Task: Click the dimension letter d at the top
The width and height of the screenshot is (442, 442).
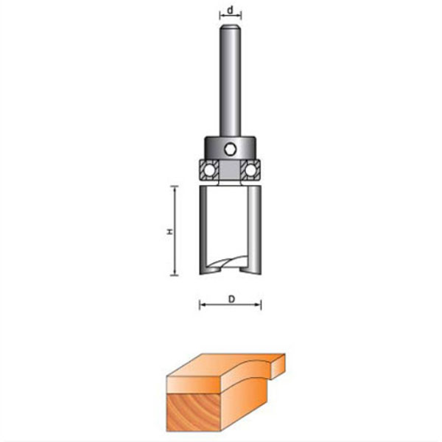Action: click(231, 10)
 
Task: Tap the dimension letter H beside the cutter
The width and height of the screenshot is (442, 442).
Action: click(169, 231)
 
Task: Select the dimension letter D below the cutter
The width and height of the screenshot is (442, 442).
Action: click(231, 299)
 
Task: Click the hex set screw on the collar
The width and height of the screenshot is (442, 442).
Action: click(231, 149)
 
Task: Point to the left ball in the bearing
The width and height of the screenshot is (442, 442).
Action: click(210, 170)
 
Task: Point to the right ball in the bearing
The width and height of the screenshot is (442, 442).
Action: click(250, 170)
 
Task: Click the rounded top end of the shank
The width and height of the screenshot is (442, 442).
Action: click(231, 27)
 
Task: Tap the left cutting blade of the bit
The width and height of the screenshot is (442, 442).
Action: click(203, 230)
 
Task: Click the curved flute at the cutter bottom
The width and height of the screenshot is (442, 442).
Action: click(227, 263)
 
